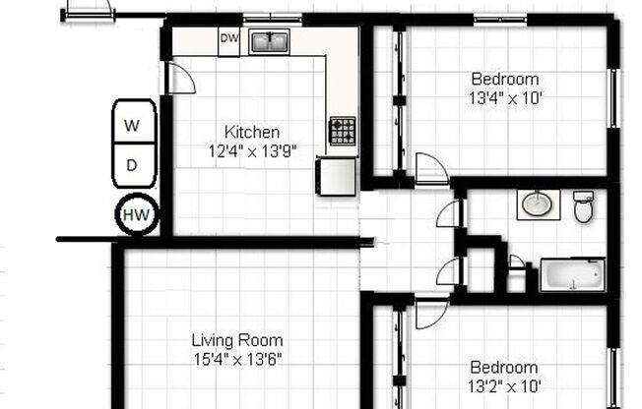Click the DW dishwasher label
(228, 39)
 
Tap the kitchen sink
(268, 41)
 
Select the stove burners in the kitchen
(342, 131)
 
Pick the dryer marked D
(133, 166)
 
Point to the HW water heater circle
(137, 214)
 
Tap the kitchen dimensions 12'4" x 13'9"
(252, 150)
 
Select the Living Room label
(236, 341)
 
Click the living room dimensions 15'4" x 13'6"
(236, 359)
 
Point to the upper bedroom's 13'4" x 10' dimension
(505, 97)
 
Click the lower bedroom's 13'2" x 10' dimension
(504, 386)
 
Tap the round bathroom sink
(537, 204)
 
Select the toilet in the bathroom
(584, 207)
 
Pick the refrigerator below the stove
(337, 176)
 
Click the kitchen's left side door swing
(180, 79)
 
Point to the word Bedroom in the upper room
(505, 80)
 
